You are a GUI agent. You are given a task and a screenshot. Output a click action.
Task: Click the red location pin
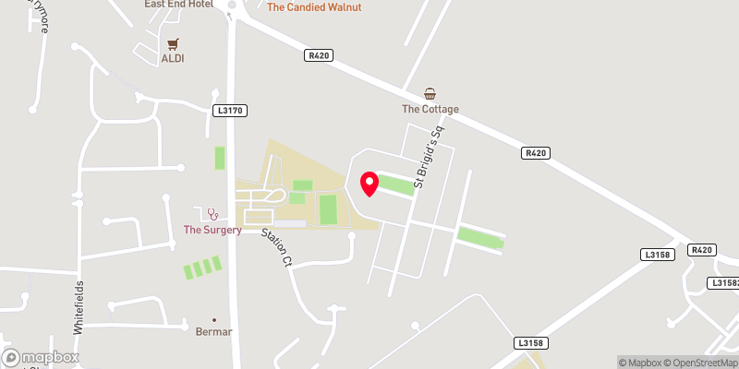click(x=369, y=184)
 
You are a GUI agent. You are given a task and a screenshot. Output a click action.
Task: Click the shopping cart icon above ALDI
click(x=173, y=43)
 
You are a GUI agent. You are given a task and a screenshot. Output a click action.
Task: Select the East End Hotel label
click(x=178, y=5)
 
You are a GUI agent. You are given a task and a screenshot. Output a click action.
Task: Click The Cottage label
click(x=430, y=109)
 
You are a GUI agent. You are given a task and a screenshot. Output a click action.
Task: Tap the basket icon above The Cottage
click(x=430, y=93)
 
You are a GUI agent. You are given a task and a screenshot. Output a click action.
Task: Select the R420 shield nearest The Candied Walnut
click(x=319, y=55)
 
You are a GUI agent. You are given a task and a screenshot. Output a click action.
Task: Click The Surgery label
click(x=212, y=230)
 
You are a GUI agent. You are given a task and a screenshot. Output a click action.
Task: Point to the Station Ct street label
click(x=275, y=248)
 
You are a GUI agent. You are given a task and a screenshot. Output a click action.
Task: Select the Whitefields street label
click(x=79, y=305)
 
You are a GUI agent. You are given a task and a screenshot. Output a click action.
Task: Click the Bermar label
click(x=214, y=330)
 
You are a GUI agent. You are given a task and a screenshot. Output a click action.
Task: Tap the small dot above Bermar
click(x=214, y=318)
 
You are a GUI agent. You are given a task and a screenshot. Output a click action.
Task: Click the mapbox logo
click(x=41, y=357)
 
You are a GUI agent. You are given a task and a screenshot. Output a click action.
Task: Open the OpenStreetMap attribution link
click(x=698, y=362)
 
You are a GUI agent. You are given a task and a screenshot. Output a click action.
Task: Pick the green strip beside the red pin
click(x=396, y=186)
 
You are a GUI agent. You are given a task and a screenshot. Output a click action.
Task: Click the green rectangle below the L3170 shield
click(x=220, y=158)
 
